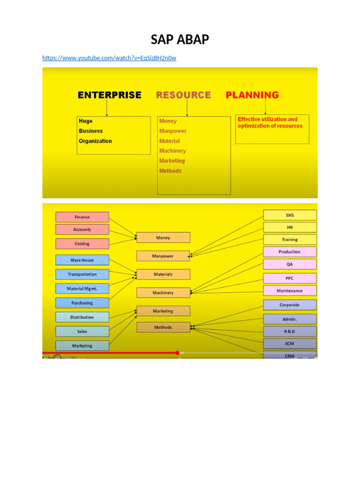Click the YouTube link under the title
coord(109,58)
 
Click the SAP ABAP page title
coord(180,39)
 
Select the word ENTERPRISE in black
coord(110,95)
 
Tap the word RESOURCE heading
coord(183,95)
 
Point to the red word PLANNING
coord(252,95)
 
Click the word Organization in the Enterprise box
coord(95,141)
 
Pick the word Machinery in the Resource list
coord(172,150)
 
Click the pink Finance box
coord(82,217)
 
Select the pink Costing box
coord(82,244)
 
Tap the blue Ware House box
coord(82,260)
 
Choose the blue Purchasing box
coord(82,303)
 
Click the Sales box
coord(82,331)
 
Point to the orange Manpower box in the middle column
coord(163,256)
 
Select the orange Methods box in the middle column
coord(163,327)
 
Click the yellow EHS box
coord(290,215)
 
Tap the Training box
coord(290,240)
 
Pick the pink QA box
coord(290,264)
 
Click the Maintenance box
coord(290,291)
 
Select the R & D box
coord(290,331)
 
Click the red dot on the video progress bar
coord(177,353)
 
